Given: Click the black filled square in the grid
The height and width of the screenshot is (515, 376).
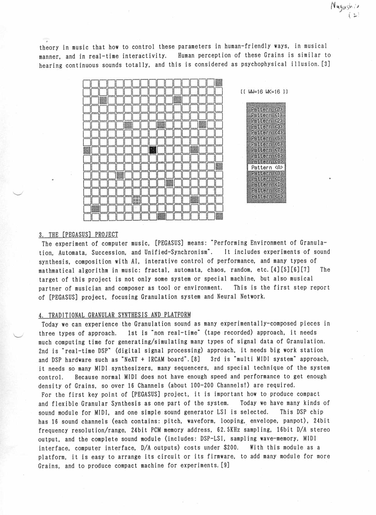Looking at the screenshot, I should (x=153, y=150).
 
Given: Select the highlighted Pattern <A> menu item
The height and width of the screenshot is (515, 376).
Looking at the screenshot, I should (x=267, y=168).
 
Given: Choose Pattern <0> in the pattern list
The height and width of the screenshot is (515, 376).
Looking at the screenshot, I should (x=267, y=110).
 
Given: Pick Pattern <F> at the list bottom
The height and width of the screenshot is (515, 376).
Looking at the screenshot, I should (x=267, y=197).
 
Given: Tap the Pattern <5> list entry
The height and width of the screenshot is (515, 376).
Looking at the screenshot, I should (x=267, y=138).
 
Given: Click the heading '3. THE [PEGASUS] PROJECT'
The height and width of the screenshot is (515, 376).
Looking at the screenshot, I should (x=78, y=235).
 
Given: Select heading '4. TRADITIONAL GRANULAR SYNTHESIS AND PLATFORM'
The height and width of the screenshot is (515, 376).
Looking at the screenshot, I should (x=115, y=315).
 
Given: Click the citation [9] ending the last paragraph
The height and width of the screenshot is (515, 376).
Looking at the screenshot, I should (x=225, y=465).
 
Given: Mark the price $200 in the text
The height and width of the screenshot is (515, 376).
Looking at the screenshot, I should (x=230, y=448).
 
